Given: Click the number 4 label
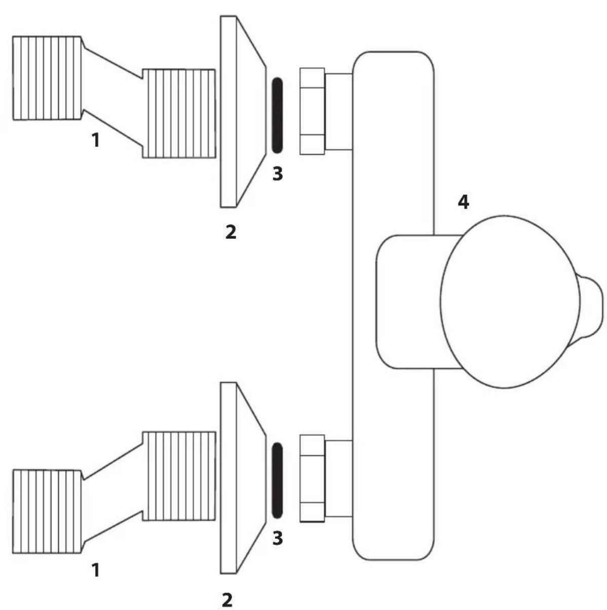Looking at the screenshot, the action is point(464,202).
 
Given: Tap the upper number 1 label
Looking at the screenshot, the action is point(96,140).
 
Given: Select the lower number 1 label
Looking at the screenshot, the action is point(96,570).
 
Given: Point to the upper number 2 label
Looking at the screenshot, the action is point(231,232).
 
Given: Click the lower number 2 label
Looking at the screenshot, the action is point(227,599).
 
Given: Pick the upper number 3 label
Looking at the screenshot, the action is point(277,174).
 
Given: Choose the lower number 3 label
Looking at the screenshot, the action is point(277,538).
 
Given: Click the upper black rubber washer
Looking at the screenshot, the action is point(277,116).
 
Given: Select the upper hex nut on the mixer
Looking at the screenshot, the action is point(312,112).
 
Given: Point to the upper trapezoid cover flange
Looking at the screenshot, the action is point(243,112).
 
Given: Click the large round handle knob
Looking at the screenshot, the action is point(510,302).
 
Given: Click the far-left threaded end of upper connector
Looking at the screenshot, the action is point(47,78).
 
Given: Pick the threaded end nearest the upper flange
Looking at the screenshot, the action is point(179,113).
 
